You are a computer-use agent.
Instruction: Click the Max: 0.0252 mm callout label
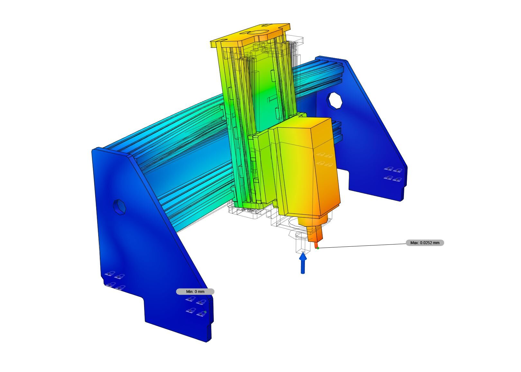coord(425,243)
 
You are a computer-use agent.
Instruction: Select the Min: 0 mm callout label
coord(195,292)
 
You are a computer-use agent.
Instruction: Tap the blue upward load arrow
coord(303,263)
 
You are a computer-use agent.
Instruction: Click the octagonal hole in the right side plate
coord(335,100)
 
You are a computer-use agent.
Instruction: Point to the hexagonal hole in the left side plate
coord(119,207)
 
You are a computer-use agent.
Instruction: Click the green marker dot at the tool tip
coord(318,248)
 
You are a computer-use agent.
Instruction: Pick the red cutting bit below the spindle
coord(316,245)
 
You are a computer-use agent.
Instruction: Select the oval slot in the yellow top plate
coord(258,32)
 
